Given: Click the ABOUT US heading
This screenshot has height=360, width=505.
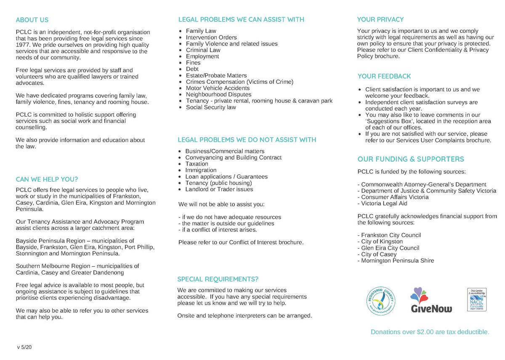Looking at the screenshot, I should pyautogui.click(x=32, y=20).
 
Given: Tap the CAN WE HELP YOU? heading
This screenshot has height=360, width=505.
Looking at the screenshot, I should pyautogui.click(x=47, y=179).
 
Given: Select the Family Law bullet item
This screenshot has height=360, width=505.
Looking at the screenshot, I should pyautogui.click(x=201, y=31).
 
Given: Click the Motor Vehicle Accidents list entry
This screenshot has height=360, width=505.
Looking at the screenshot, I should pyautogui.click(x=218, y=88).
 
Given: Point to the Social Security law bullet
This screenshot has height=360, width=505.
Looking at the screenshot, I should pyautogui.click(x=211, y=107).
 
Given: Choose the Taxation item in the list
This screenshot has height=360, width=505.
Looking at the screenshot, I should pyautogui.click(x=197, y=164).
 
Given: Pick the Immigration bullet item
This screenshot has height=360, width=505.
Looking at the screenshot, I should pyautogui.click(x=201, y=170).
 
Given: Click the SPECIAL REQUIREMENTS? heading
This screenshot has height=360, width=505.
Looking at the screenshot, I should pyautogui.click(x=218, y=279).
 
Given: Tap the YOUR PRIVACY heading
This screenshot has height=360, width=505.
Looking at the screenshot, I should pyautogui.click(x=380, y=19).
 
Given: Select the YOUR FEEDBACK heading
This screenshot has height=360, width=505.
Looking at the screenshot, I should pyautogui.click(x=384, y=76).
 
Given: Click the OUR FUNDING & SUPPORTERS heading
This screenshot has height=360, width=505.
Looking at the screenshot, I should pyautogui.click(x=411, y=159).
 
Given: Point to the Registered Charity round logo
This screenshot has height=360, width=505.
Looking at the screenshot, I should pyautogui.click(x=381, y=301).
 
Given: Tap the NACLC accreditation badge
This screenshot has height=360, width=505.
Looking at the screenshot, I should pyautogui.click(x=477, y=300).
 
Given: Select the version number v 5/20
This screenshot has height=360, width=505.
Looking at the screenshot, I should pyautogui.click(x=24, y=347).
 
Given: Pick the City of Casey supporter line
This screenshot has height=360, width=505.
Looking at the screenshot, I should pyautogui.click(x=377, y=254).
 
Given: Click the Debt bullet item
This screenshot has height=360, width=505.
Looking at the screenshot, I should pyautogui.click(x=192, y=69).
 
